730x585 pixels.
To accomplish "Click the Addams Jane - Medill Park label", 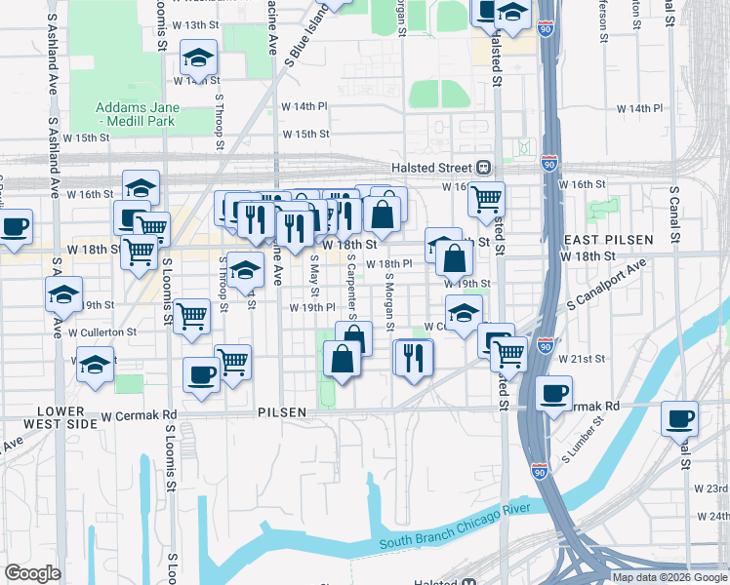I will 135,114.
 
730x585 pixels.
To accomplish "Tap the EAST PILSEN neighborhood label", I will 596,240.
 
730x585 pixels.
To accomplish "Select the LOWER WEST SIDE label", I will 66,417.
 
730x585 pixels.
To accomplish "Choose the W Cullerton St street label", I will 102,332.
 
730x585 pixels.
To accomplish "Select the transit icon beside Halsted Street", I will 483,166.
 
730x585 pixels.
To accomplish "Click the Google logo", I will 32,573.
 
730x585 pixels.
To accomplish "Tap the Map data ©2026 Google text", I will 669,577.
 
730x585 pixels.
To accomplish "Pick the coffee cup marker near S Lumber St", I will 553,394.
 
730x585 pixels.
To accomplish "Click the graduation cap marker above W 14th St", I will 198,58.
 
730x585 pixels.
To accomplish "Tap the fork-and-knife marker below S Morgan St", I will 414,357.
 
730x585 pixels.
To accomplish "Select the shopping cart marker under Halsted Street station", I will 485,200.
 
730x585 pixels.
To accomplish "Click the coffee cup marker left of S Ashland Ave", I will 14,227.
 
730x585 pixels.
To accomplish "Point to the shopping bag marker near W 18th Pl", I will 455,259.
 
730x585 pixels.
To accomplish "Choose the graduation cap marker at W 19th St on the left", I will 64,293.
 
